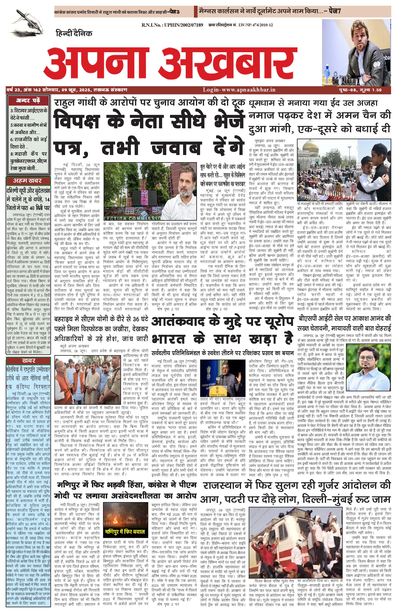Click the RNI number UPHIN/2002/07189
pos(172,25)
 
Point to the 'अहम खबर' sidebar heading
pos(28,181)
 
